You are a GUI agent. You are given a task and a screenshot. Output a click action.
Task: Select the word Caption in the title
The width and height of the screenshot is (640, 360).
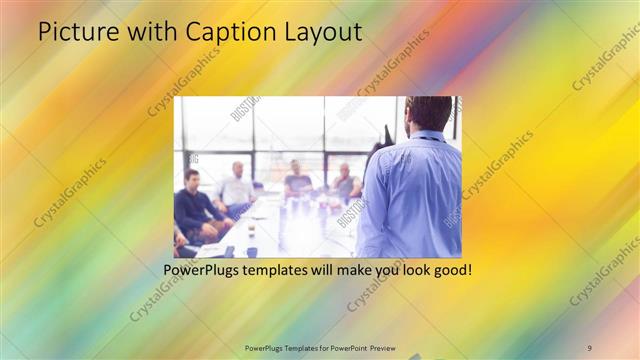coord(220,33)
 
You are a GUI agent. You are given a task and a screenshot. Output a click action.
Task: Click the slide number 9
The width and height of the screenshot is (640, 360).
coord(589,347)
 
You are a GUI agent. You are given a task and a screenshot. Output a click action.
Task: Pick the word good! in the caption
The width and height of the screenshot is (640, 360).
coord(451,270)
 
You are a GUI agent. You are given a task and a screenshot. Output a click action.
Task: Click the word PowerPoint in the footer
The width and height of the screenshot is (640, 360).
coord(344,347)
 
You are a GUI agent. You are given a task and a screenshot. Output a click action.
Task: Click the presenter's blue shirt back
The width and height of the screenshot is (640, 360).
coord(412,195)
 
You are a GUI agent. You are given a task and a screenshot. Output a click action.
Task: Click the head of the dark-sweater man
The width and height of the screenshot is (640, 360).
coord(192,178)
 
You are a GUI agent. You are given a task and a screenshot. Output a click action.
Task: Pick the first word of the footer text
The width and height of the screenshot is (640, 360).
coord(264,347)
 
